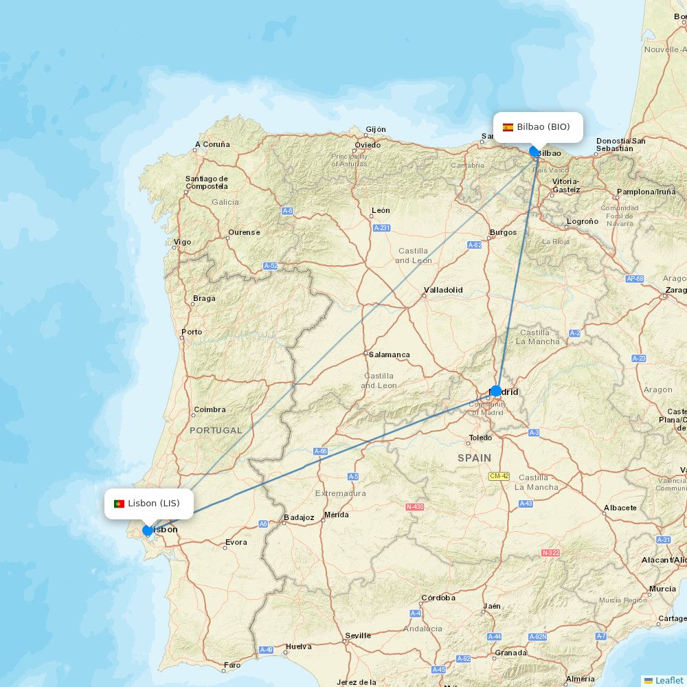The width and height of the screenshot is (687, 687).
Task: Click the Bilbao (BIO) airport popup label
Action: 538,127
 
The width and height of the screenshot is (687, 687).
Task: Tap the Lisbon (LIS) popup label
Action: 148,504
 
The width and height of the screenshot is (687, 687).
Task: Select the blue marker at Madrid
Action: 496,391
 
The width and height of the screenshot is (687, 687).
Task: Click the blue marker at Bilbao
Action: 534,151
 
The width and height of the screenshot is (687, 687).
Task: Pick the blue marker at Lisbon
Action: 147,530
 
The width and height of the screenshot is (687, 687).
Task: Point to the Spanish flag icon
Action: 508,127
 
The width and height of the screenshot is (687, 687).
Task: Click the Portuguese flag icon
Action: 119,504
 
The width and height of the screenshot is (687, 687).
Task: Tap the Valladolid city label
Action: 443,290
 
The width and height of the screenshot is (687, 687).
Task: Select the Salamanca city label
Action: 389,354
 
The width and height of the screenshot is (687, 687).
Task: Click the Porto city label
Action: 192,332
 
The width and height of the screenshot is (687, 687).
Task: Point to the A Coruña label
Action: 212,144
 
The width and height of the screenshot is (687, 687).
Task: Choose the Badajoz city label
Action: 299,517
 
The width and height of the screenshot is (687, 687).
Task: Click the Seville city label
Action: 358,635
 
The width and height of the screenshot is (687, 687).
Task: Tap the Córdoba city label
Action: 438,598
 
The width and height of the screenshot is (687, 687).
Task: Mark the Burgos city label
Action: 503,232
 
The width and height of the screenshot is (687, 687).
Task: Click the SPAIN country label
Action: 475,458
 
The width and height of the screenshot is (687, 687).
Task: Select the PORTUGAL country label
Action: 216,430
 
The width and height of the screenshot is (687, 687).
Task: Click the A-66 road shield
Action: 320,451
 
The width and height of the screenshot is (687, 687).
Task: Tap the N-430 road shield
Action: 414,507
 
